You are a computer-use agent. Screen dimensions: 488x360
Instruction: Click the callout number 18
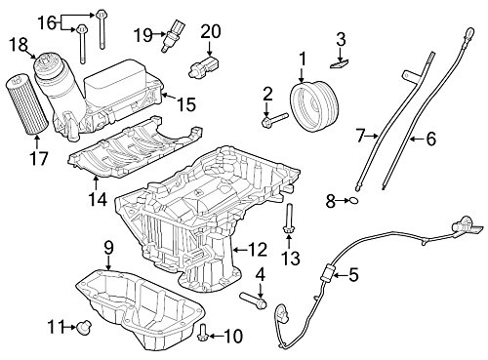(x=19, y=45)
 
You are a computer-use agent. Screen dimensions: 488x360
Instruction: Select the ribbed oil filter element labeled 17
(x=27, y=105)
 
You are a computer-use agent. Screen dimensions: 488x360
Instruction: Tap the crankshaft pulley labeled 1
(x=315, y=107)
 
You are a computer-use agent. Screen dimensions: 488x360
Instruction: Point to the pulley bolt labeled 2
(x=275, y=119)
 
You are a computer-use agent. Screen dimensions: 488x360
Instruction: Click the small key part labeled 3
(x=340, y=63)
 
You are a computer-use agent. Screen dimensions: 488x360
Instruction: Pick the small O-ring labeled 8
(x=354, y=201)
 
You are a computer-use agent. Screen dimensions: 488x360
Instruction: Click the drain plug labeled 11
(x=85, y=327)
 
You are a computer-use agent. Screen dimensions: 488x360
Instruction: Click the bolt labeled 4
(x=254, y=300)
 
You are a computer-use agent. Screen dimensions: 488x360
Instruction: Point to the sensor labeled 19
(x=171, y=36)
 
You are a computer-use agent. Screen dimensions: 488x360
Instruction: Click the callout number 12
(x=257, y=250)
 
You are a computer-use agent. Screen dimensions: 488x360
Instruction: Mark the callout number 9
(x=108, y=248)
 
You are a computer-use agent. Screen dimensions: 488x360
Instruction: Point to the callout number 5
(x=353, y=275)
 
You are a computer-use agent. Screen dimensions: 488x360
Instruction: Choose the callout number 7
(x=359, y=136)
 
